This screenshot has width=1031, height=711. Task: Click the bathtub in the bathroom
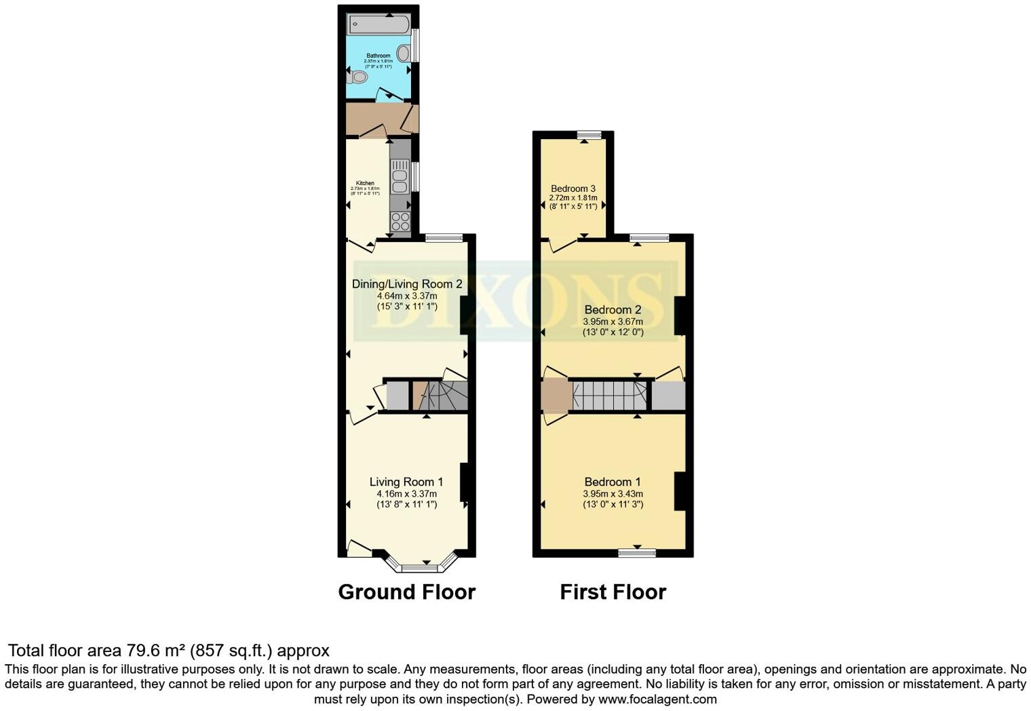tap(378, 24)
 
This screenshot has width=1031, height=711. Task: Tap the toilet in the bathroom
tap(356, 77)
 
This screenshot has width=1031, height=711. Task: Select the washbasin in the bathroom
tap(404, 53)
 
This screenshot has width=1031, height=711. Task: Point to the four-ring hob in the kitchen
tap(400, 221)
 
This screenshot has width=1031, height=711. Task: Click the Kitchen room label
tap(365, 183)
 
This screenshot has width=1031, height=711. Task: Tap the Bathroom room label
tap(378, 56)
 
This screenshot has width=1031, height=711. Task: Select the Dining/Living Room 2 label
tap(407, 284)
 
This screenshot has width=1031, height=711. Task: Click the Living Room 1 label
tap(406, 482)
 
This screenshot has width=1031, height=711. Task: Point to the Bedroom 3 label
tap(573, 189)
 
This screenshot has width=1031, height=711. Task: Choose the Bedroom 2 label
tap(613, 310)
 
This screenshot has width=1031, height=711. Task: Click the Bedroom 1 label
tap(612, 482)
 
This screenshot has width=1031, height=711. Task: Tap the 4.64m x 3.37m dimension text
tap(407, 296)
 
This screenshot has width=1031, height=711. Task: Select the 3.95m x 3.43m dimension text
tap(613, 494)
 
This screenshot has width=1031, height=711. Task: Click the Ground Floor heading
tap(406, 592)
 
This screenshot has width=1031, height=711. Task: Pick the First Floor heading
tap(613, 592)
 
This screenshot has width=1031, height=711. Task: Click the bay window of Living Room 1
tap(420, 565)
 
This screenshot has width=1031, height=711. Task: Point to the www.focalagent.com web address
tap(657, 699)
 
